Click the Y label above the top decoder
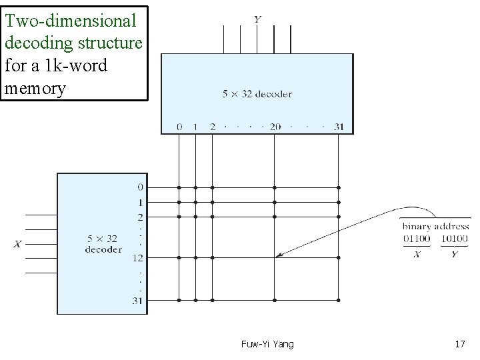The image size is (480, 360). pos(257,19)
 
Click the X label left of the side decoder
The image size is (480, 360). pos(17,244)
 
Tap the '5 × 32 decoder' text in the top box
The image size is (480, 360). pos(257,94)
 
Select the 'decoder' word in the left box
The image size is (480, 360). pos(103,249)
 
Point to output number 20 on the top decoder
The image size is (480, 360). pos(275,127)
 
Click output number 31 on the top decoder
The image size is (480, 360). pos(337,127)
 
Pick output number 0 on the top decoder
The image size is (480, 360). pos(179,127)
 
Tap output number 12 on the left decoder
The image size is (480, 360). pos(137,257)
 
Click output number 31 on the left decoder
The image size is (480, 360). pos(137,300)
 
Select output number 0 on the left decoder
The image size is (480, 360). pos(139,187)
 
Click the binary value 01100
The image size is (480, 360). pos(417,239)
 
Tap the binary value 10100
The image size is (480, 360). pos(454,239)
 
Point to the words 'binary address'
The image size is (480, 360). pos(435,227)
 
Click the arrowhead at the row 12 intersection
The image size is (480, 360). pos(278,255)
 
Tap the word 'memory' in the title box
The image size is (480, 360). pos(35,88)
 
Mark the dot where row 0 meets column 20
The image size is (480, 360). pos(275,188)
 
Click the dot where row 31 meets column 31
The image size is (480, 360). pos(338,300)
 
